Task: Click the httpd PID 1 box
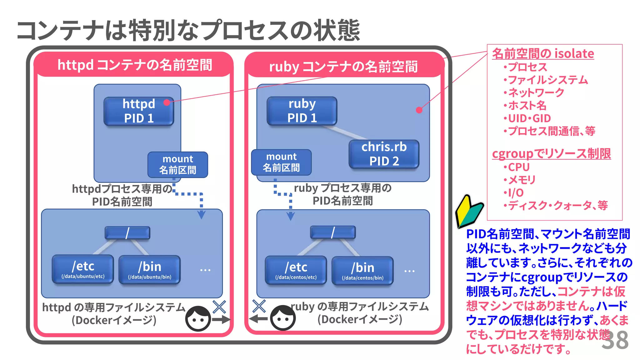coord(139,111)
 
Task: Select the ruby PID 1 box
coord(302,111)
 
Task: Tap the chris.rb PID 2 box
coord(384,154)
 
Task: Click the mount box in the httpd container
coord(177,164)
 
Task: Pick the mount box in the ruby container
coord(281,162)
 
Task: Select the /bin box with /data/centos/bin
coord(362,271)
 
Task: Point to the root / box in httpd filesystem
coord(127,233)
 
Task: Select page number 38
coord(615,340)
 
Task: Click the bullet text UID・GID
coord(529,118)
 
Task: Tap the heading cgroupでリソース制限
coord(551,154)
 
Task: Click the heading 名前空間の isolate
coord(543,53)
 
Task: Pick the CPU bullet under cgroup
coord(518,167)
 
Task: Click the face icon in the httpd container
coord(198,318)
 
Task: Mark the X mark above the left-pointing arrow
coord(259,306)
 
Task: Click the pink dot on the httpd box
coord(167,102)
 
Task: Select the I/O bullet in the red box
coord(515,193)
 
